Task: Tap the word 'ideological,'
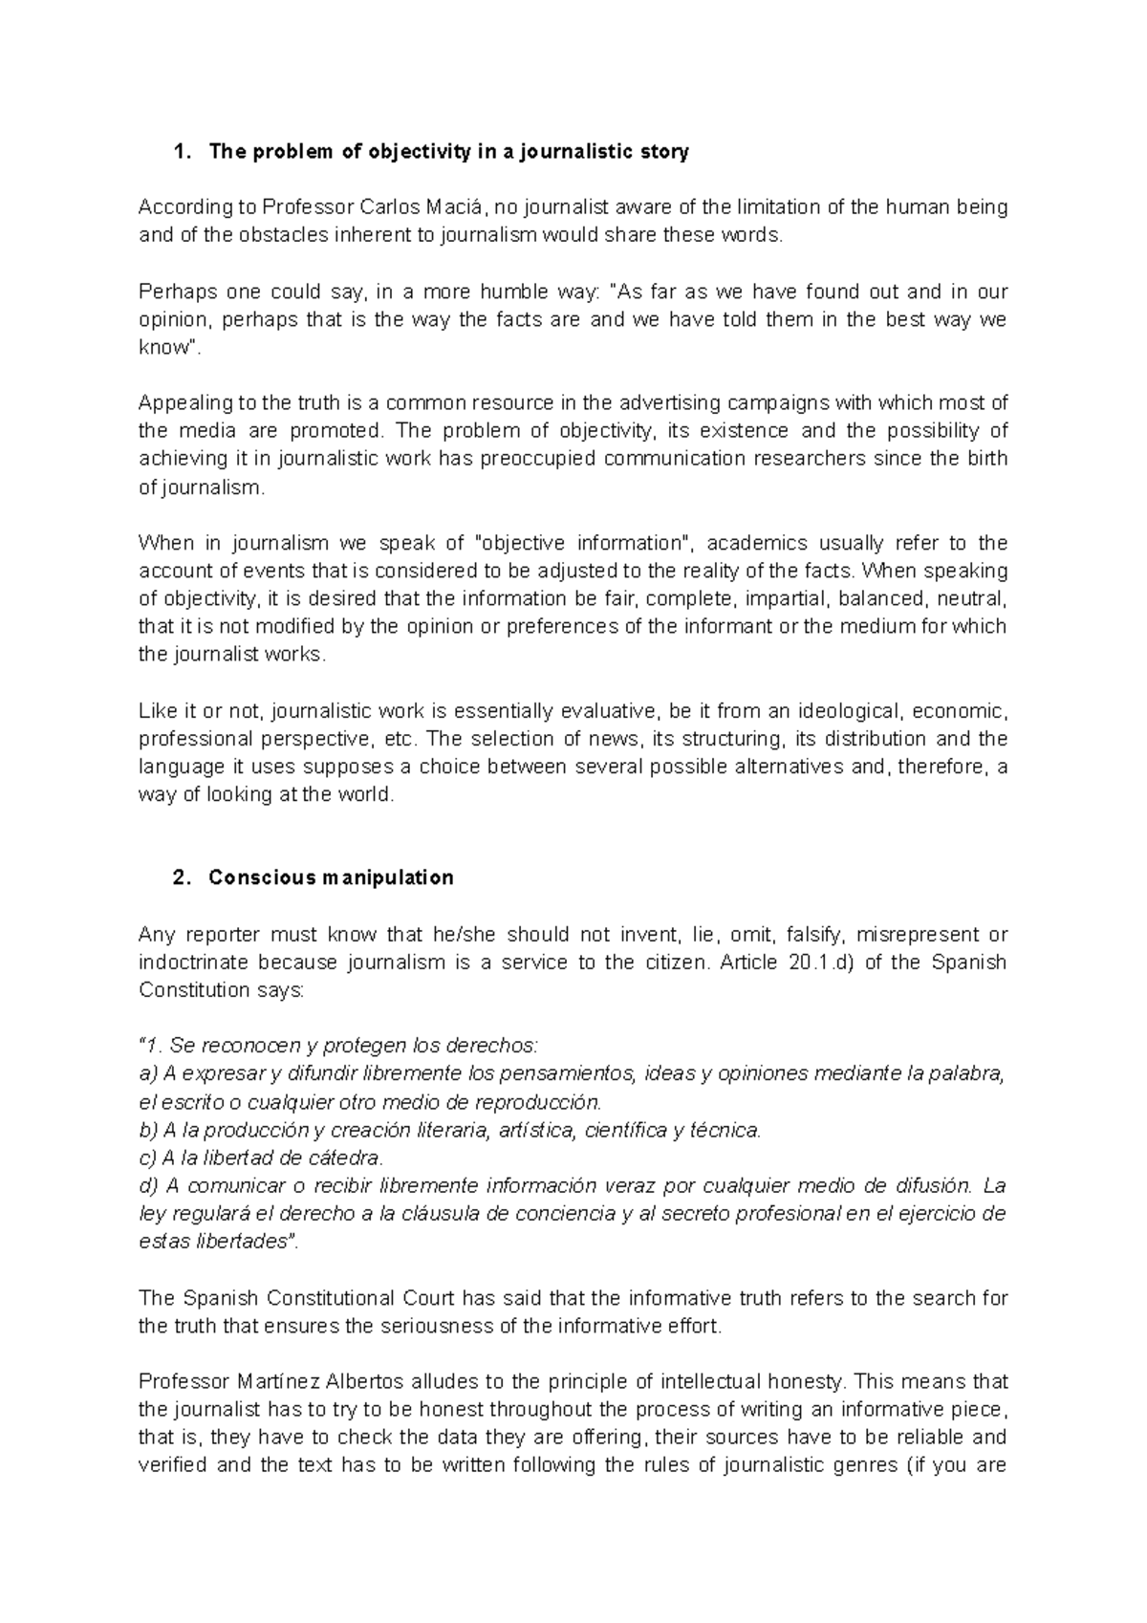point(848,711)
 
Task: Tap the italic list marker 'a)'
point(148,1073)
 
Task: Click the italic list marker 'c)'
point(148,1158)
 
